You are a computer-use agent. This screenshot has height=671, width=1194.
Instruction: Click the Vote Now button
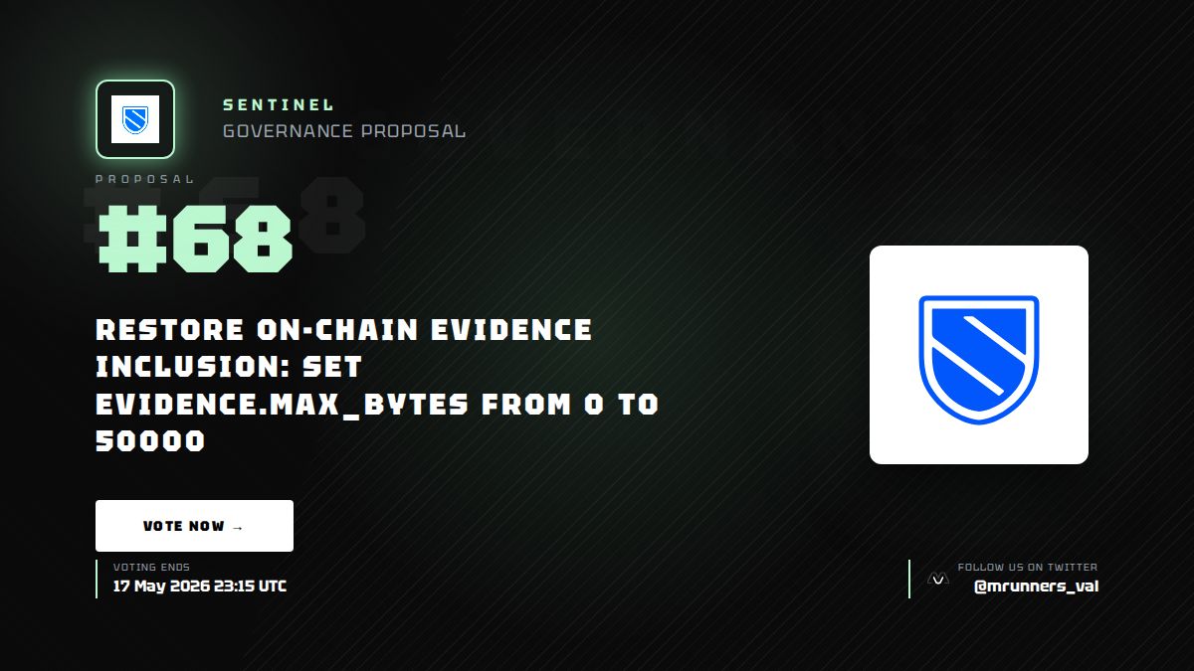coord(194,526)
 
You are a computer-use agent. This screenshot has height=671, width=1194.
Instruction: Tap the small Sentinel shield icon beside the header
coord(135,120)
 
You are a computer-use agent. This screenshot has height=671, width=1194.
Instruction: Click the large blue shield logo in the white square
coord(979,360)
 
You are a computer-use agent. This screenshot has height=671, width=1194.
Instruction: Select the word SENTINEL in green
coord(278,105)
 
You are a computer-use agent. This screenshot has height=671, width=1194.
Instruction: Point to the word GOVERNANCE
coord(288,131)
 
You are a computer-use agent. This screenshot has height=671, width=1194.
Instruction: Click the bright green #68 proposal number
coord(195,240)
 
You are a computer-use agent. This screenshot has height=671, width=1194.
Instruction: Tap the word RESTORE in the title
coord(169,330)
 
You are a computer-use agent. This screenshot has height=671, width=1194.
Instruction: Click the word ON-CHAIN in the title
coord(337,330)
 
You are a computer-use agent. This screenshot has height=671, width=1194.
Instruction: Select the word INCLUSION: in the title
coord(192,367)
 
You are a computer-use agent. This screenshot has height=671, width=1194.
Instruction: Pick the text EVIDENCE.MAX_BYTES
coord(282,405)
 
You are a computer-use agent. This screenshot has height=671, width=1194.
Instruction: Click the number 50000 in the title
coord(150,441)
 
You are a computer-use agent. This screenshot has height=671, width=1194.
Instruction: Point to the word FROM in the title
coord(526,405)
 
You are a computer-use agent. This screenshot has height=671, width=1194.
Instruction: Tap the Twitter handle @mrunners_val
coord(1036,587)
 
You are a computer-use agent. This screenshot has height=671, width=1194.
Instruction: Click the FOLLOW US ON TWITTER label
coord(1027,568)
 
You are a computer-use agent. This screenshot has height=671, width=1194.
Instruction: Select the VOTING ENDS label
coord(151,568)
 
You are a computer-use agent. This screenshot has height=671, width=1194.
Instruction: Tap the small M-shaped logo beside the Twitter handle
coord(938,579)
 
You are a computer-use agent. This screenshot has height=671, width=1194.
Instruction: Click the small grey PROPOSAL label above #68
coord(144,179)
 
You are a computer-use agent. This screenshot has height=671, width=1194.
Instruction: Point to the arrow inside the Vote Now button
coord(238,527)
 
